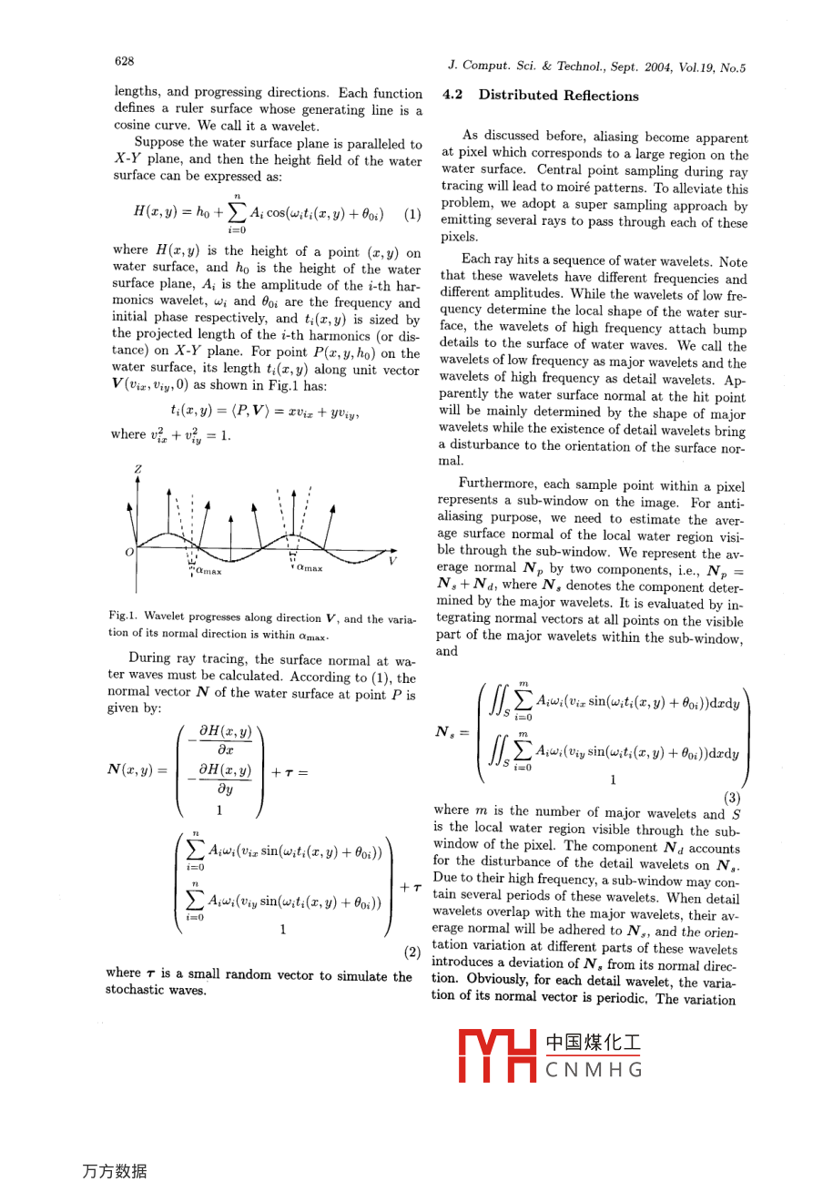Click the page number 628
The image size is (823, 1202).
point(124,61)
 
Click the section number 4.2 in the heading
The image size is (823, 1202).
point(452,95)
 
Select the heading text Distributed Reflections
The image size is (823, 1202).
point(559,95)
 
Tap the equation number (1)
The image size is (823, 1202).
point(412,215)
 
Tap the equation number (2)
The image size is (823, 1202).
point(412,952)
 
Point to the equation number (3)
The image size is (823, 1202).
point(733,799)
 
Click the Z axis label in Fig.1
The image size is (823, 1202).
point(138,470)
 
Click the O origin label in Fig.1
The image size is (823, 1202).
point(129,552)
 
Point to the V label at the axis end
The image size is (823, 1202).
point(393,561)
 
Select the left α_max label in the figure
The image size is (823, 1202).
point(208,570)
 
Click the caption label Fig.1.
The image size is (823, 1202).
point(122,617)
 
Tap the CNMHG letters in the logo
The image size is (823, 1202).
point(594,1070)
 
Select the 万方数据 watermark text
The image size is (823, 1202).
point(115,1171)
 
